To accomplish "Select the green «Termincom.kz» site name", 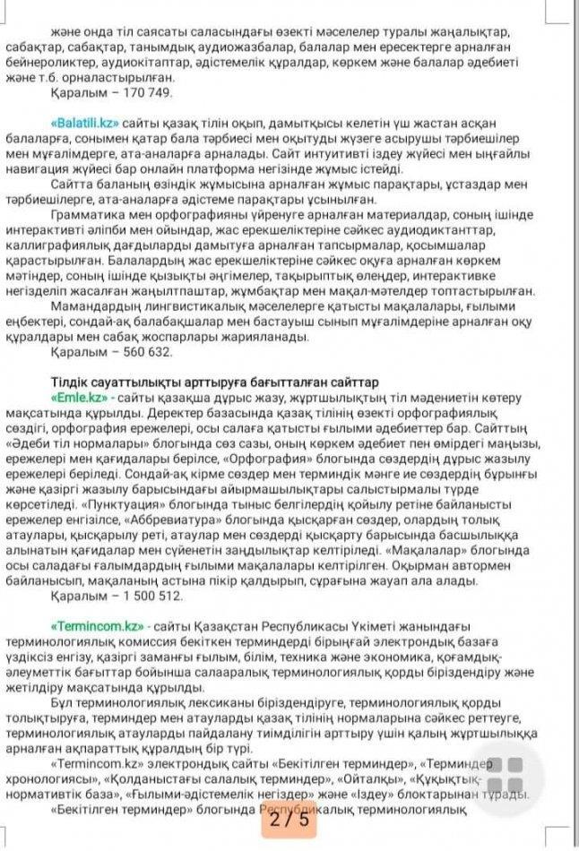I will click(x=98, y=625).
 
